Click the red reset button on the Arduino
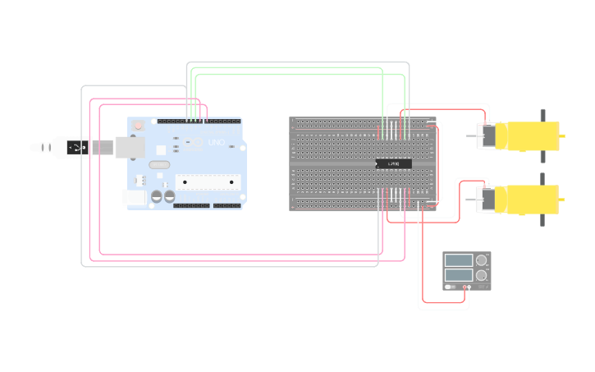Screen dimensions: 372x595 [138, 126]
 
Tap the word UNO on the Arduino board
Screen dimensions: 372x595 [217, 143]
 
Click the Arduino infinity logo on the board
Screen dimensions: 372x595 [195, 143]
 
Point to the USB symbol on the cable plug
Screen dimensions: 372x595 [76, 147]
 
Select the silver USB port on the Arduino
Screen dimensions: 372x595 [128, 147]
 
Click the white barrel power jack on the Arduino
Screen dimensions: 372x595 [134, 198]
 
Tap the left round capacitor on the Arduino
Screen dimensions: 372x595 [156, 197]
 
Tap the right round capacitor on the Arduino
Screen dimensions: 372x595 [168, 197]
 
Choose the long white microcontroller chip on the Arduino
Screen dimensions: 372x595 [207, 181]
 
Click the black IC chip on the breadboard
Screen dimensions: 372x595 [393, 164]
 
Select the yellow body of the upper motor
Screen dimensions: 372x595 [532, 133]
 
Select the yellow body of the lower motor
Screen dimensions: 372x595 [532, 198]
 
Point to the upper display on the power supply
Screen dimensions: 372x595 [459, 260]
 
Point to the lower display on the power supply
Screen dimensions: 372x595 [459, 274]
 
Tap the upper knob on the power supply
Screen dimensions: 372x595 [482, 260]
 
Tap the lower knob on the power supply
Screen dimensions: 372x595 [482, 274]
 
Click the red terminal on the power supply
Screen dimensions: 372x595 [465, 287]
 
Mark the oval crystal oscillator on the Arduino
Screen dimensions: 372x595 [158, 165]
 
